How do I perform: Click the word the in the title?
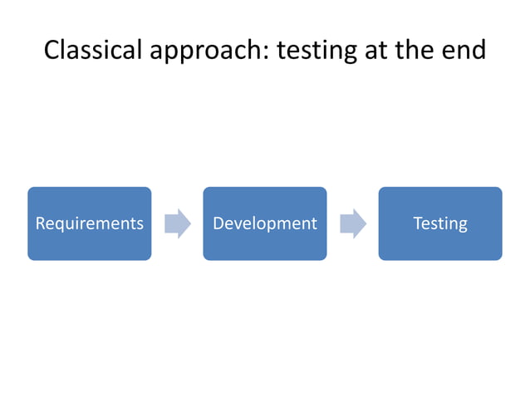419,50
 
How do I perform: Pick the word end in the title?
465,50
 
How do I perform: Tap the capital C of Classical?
52,50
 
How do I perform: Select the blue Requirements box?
90,223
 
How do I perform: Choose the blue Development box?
265,223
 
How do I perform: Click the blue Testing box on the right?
440,223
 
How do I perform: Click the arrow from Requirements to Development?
178,223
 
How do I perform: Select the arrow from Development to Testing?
353,223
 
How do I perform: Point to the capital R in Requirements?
40,223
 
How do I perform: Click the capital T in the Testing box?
417,223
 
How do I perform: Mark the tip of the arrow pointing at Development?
190,223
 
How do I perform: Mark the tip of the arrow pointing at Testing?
366,223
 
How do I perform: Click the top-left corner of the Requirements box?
29,189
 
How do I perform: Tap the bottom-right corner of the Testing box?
501,258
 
